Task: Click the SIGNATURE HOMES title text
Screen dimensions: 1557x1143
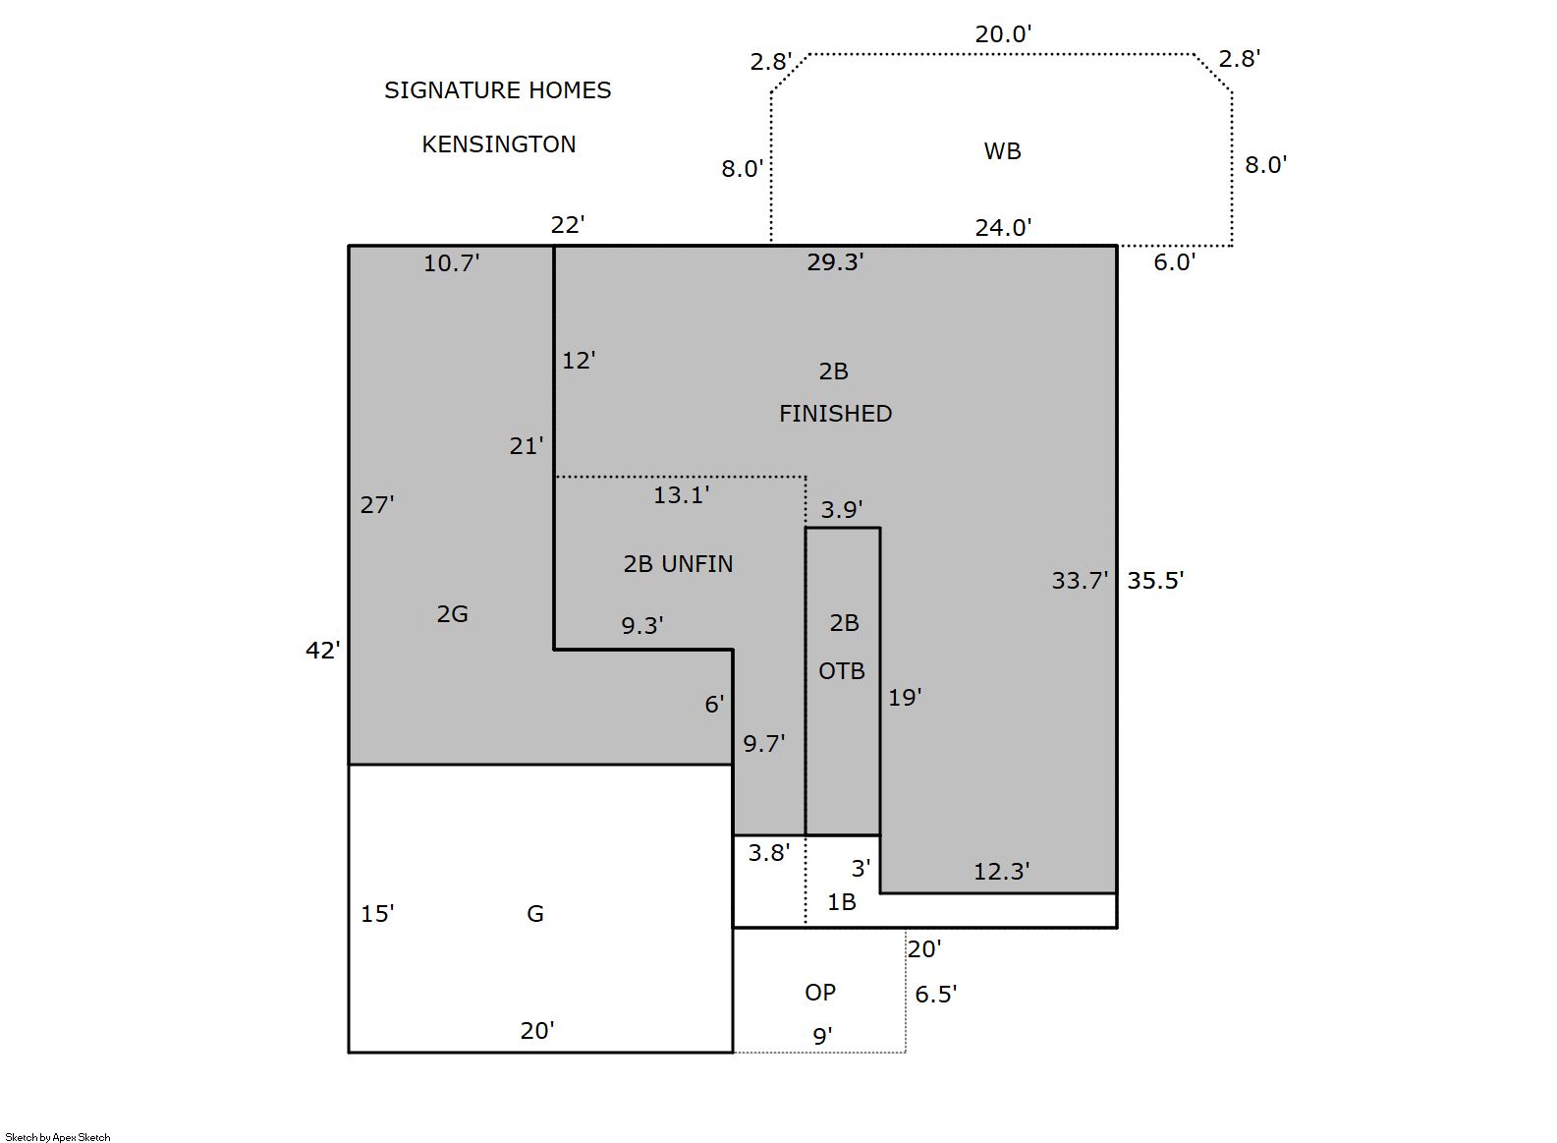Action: (x=498, y=90)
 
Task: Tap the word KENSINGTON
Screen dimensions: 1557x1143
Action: (x=498, y=144)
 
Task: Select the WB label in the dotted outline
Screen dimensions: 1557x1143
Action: (x=1002, y=151)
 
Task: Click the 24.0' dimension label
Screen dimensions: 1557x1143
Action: (x=1003, y=227)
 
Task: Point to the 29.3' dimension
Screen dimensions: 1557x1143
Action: (x=835, y=261)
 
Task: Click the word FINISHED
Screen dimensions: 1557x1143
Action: (x=835, y=414)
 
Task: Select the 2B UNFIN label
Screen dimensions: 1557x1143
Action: (x=678, y=564)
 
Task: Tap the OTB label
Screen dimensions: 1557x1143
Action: (x=842, y=671)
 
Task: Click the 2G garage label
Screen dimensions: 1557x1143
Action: (x=452, y=614)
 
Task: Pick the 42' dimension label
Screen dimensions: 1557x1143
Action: (x=323, y=650)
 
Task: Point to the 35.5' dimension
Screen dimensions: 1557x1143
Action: (x=1155, y=580)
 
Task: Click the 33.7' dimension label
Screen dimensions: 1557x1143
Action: (x=1080, y=580)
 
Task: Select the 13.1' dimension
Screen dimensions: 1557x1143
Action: (x=681, y=494)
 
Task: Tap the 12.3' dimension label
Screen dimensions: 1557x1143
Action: (x=1001, y=871)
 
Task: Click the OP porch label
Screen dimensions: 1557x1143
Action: (x=820, y=992)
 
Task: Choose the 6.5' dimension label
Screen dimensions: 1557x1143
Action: (x=935, y=994)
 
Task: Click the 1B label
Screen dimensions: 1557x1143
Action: (x=841, y=902)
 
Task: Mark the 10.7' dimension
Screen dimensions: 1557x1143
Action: (x=452, y=262)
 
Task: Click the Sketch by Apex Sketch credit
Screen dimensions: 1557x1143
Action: (x=58, y=1137)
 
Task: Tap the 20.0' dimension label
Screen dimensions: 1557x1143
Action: (x=1003, y=34)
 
